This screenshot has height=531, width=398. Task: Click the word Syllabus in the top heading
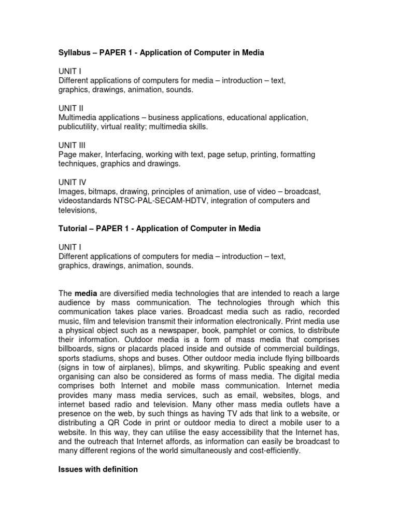point(73,53)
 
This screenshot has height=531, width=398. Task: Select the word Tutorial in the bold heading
point(73,228)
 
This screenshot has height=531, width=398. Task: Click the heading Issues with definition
point(98,469)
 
